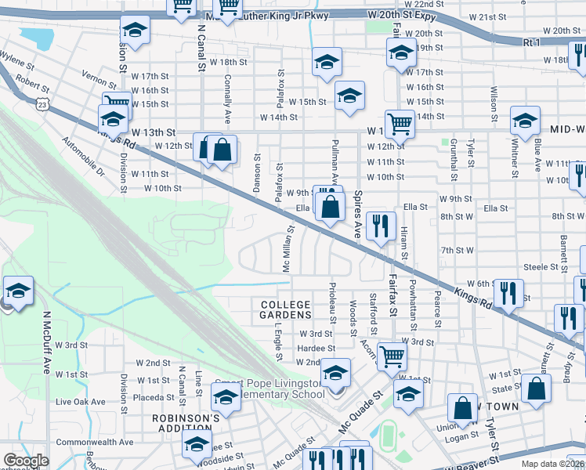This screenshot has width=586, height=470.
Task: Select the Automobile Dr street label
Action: coord(82,157)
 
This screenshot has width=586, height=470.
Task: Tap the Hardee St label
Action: coord(317,348)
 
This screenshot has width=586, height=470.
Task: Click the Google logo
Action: coord(25,461)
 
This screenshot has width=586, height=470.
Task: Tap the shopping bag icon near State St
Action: coord(536,388)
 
